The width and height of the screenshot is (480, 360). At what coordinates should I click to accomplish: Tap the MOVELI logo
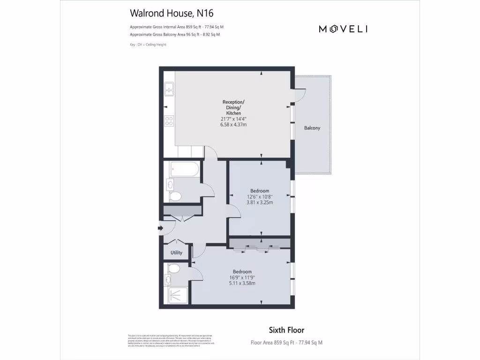click(x=343, y=29)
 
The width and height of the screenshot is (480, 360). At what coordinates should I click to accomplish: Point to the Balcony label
click(x=312, y=128)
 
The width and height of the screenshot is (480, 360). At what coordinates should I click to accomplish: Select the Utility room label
click(x=176, y=253)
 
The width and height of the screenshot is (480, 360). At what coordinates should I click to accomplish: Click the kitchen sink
click(x=169, y=90)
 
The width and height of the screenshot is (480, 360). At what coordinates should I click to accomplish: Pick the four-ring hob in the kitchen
click(x=169, y=121)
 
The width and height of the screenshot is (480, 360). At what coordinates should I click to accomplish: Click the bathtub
click(x=184, y=169)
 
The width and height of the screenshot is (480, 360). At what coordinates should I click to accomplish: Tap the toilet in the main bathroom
click(x=175, y=196)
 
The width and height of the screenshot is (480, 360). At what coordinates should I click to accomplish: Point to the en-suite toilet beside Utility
click(x=173, y=269)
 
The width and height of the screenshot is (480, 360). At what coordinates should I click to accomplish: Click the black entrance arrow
click(x=161, y=228)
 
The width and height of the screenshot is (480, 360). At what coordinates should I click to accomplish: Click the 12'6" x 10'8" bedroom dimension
click(x=260, y=197)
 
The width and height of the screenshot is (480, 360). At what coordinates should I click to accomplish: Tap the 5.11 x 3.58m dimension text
click(x=242, y=283)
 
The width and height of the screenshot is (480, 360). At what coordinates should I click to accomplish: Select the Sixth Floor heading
click(x=286, y=330)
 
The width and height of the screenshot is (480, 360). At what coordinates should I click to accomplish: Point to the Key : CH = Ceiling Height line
click(x=148, y=45)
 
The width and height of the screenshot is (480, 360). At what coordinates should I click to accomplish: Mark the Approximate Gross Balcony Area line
click(x=174, y=35)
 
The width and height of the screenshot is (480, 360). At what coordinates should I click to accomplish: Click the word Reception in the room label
click(x=233, y=102)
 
